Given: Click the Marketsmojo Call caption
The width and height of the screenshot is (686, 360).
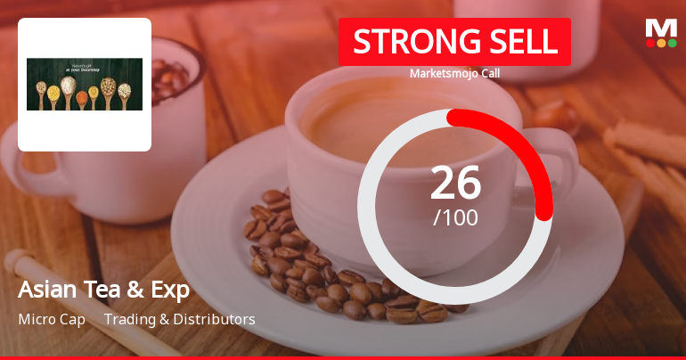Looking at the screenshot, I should [454, 73].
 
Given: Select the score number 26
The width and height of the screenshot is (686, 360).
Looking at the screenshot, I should [455, 182].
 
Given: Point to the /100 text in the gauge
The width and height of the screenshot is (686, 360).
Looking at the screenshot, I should [455, 217].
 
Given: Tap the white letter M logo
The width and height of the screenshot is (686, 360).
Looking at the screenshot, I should [661, 27].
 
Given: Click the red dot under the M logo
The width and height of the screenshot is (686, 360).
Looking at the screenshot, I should [650, 43].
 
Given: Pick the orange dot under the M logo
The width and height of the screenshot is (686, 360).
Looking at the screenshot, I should [661, 43].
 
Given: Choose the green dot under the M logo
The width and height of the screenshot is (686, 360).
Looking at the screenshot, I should [672, 43].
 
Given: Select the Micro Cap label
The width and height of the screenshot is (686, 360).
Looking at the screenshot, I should [52, 319].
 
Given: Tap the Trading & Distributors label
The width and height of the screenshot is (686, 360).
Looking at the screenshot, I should [180, 319].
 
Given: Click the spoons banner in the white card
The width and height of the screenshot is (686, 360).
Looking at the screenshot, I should [85, 85].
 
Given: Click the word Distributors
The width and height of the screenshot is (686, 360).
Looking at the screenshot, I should [214, 319].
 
